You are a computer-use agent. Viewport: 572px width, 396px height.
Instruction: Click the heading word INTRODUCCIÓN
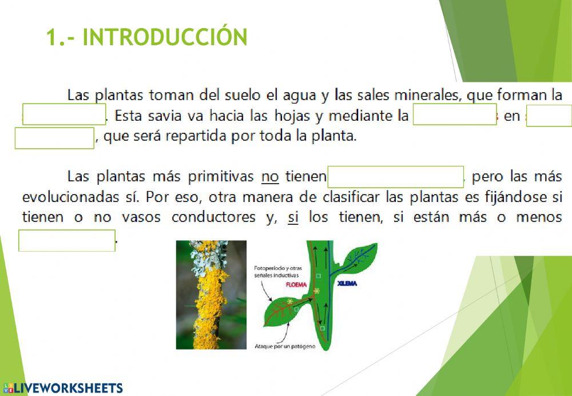click(165, 37)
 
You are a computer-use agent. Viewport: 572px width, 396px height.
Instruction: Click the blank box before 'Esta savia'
click(64, 114)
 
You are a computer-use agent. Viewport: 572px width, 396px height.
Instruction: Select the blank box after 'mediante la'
click(454, 114)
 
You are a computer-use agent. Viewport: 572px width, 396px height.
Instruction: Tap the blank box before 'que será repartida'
click(54, 138)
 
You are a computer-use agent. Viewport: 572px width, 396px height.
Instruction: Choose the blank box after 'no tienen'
click(396, 177)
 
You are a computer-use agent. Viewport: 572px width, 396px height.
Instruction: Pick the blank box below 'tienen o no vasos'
click(67, 240)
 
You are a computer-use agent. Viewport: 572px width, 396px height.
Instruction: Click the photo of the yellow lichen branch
click(210, 295)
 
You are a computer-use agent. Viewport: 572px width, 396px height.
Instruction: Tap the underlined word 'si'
click(293, 217)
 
